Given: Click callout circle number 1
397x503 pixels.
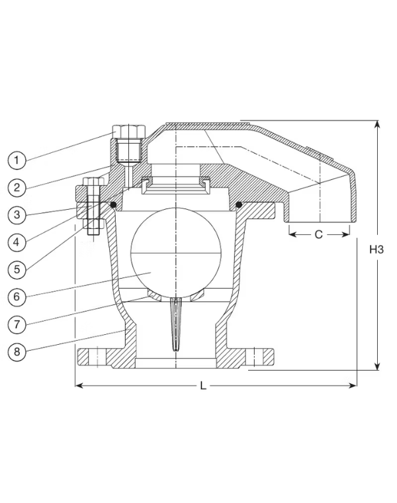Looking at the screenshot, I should pos(17,160).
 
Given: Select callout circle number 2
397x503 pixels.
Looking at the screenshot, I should pos(17,187).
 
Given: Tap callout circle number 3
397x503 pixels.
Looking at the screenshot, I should pos(17,214).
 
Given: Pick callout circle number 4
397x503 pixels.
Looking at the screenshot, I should pos(17,242).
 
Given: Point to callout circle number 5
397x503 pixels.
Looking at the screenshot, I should pos(17,269).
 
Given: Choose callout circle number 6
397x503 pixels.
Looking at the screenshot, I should pos(17,297).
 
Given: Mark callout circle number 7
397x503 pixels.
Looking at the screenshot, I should pos(17,324).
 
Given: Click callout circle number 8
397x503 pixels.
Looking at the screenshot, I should pos(17,351).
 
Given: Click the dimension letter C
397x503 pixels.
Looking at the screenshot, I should pos(318,234).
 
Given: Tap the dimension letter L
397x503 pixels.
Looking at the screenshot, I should pos(203,385).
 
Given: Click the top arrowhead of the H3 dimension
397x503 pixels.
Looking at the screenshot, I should pos(378,124).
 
